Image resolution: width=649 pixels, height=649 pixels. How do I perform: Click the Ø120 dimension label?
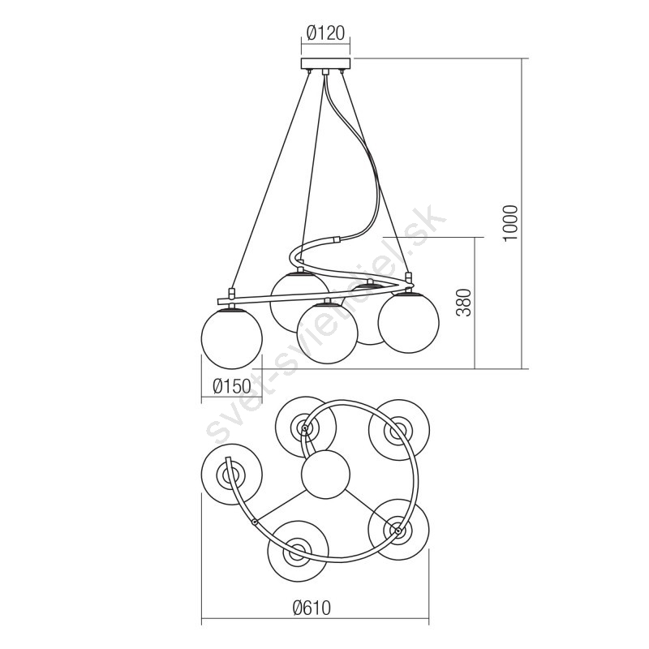(325, 33)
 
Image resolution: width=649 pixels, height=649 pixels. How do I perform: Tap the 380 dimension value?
(465, 303)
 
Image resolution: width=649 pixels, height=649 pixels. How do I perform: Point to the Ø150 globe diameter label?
(232, 387)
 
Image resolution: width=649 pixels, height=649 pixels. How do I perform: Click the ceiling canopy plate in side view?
(326, 63)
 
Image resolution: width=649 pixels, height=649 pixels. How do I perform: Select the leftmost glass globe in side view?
(232, 338)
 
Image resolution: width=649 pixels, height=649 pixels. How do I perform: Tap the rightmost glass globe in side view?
(409, 321)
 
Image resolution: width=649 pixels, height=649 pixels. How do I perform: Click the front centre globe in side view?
(327, 333)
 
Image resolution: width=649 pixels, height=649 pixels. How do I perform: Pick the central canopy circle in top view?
(326, 474)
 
